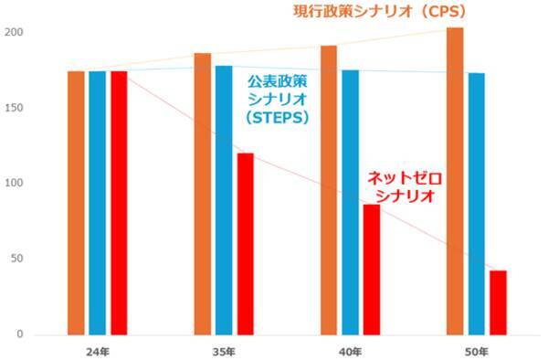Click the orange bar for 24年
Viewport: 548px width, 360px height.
click(x=77, y=203)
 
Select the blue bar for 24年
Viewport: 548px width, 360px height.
click(x=98, y=203)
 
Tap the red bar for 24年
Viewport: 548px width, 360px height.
click(x=119, y=203)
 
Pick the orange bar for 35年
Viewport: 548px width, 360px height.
click(x=203, y=194)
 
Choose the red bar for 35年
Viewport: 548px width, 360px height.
click(x=245, y=244)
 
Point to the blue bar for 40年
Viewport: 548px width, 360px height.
click(x=350, y=202)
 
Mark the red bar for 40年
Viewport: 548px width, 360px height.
click(x=371, y=270)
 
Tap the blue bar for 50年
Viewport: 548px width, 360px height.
click(x=476, y=204)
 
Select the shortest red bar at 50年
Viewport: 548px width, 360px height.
click(x=498, y=302)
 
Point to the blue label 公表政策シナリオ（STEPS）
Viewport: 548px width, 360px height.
click(x=278, y=100)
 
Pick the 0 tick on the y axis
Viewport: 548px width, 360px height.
click(x=19, y=334)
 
